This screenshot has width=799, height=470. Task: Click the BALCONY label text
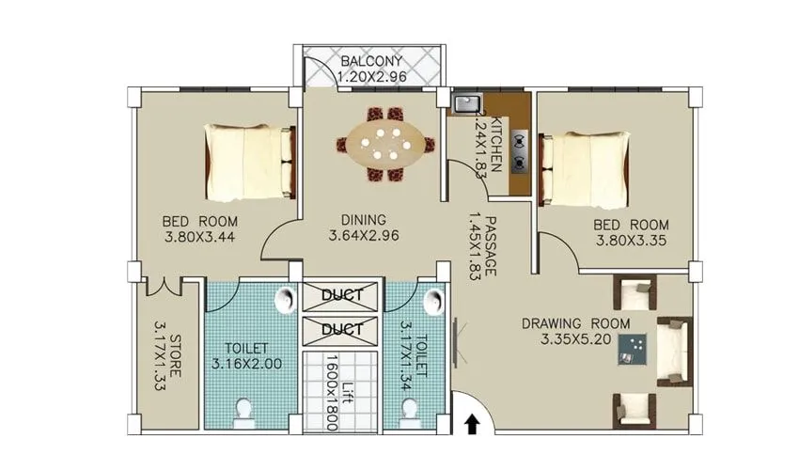pos(371,61)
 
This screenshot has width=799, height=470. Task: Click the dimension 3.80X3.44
pos(198,237)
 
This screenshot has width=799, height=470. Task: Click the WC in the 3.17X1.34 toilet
pos(409,410)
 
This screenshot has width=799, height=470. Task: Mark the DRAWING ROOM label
pos(575,325)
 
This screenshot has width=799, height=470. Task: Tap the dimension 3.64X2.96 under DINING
pos(365,236)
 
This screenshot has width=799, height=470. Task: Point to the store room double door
pos(165,286)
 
